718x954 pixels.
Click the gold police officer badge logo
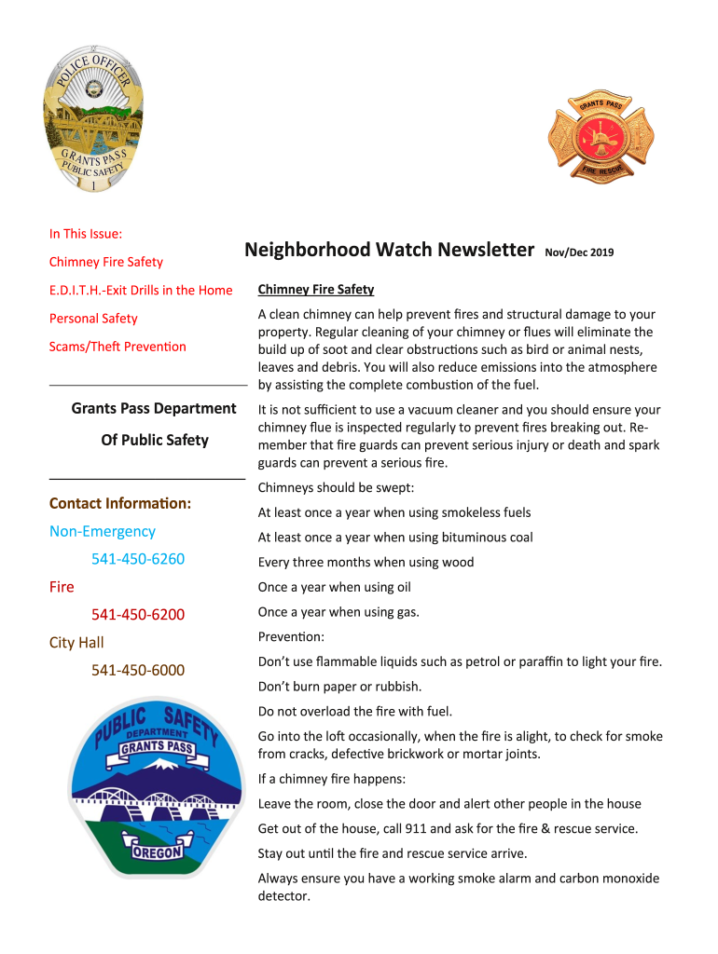pos(94,118)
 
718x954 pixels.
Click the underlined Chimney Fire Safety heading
pos(315,290)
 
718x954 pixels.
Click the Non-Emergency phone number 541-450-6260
pos(138,559)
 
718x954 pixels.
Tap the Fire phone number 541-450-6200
pos(138,615)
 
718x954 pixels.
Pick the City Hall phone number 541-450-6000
pos(138,671)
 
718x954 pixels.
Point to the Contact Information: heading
pos(120,503)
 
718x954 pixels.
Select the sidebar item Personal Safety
pos(93,319)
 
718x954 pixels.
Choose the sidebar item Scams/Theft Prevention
pos(117,347)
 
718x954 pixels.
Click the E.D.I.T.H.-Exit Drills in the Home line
pos(141,290)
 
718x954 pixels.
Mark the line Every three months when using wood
pos(366,562)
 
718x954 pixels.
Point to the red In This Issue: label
pos(86,234)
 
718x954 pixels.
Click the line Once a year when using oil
pos(334,587)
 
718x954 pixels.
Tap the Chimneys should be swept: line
pos(336,487)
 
